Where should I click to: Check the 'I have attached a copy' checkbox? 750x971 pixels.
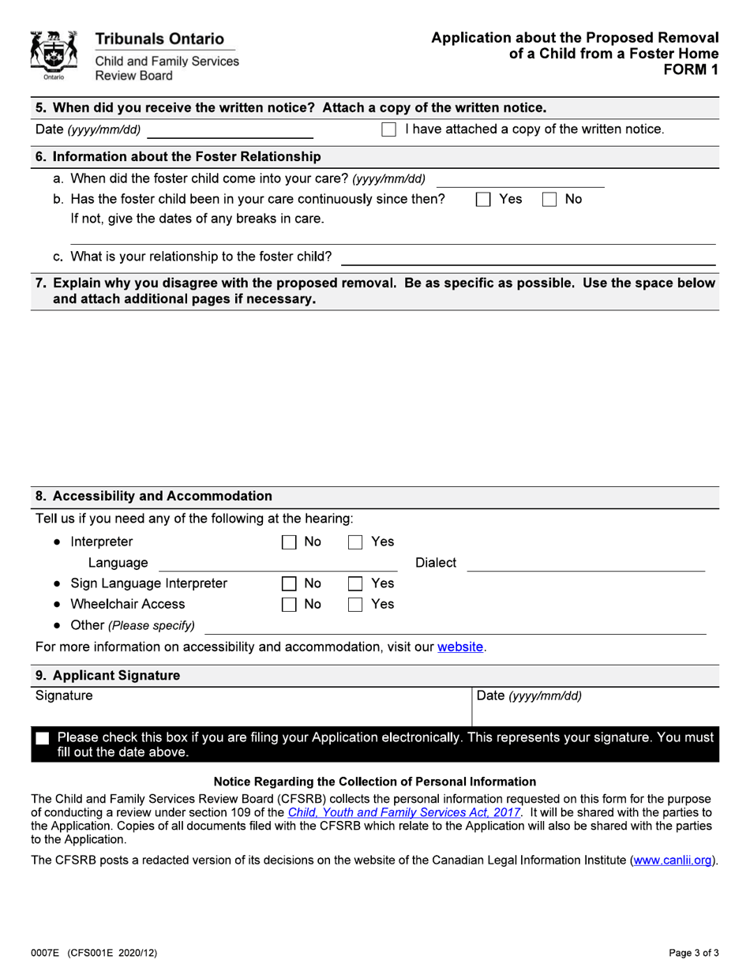point(388,129)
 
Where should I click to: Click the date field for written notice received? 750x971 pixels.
point(231,129)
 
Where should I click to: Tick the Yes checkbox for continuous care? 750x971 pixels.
point(482,201)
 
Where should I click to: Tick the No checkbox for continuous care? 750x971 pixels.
point(549,201)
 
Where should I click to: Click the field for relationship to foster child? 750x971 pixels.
point(527,257)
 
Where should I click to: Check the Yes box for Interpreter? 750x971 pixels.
point(356,542)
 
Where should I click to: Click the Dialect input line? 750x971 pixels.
point(586,563)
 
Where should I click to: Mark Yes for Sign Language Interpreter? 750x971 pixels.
point(356,584)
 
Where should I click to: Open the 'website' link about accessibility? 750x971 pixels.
point(460,647)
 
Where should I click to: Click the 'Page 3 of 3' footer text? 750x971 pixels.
point(689,953)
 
